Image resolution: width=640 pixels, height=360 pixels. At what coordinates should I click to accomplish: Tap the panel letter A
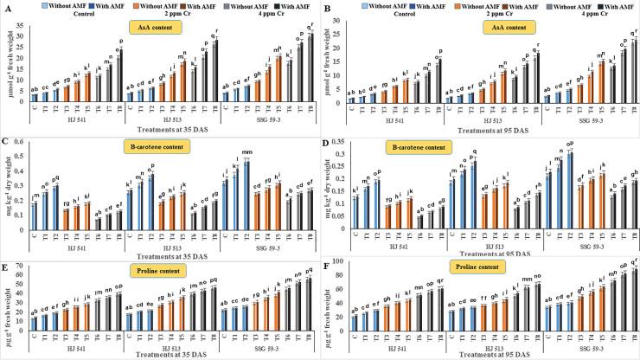5,7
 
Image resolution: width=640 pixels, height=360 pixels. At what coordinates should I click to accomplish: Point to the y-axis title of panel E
8,299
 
